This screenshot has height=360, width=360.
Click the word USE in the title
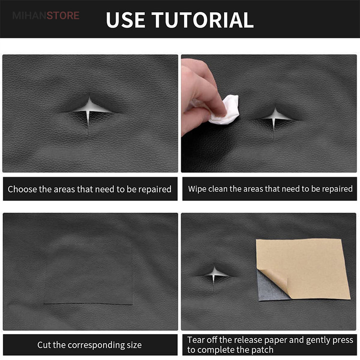[x=125, y=20]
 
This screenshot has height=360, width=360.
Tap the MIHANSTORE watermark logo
[x=46, y=16]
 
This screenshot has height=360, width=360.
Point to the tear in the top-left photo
[x=89, y=110]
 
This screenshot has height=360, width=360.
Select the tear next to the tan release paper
[x=215, y=275]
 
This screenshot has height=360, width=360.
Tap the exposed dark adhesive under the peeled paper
[x=269, y=289]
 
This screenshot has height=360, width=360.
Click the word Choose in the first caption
[x=22, y=189]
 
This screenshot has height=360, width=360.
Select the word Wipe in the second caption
[x=196, y=189]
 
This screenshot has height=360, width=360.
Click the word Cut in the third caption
[x=44, y=345]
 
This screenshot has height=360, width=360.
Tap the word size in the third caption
[x=133, y=345]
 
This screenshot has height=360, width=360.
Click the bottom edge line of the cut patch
[x=88, y=304]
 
